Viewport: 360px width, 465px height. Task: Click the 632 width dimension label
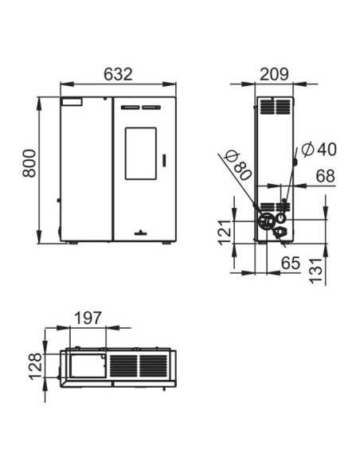118,74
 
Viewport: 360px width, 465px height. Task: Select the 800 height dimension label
29,164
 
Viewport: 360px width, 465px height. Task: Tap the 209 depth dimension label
274,74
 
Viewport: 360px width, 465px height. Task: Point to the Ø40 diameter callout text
319,149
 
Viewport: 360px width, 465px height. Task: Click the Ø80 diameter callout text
238,166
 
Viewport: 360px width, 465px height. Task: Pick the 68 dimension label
325,176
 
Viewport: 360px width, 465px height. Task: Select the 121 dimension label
225,232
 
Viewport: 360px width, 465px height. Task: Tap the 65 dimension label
291,263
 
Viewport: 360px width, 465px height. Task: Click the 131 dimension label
315,271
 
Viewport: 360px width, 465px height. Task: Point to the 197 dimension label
88,318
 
